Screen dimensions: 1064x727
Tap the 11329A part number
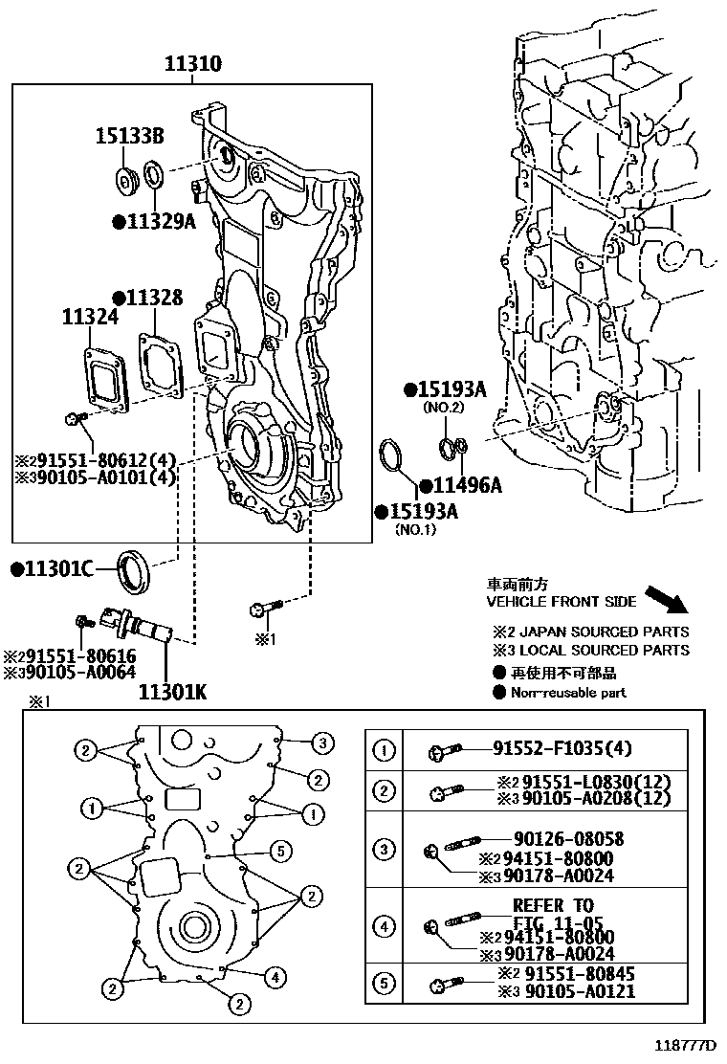(x=154, y=223)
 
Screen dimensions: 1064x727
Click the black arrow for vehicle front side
(x=667, y=599)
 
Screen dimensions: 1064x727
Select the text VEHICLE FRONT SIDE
(x=561, y=602)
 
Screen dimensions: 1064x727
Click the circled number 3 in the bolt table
(x=384, y=849)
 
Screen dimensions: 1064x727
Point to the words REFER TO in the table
(x=553, y=905)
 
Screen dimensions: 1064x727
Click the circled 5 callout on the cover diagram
(x=280, y=850)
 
